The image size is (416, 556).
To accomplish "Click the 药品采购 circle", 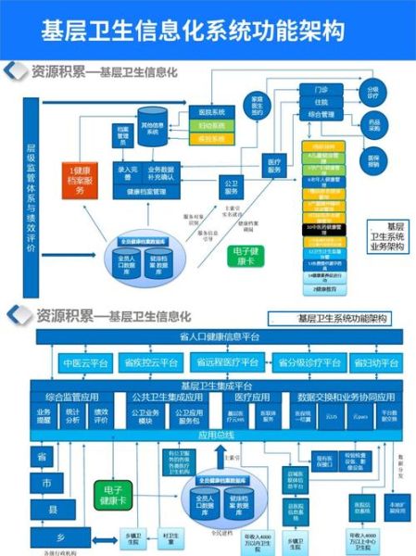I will (x=374, y=126).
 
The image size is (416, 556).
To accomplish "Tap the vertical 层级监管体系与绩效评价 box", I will (x=30, y=198).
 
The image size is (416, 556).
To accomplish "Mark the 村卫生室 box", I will (x=170, y=537).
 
